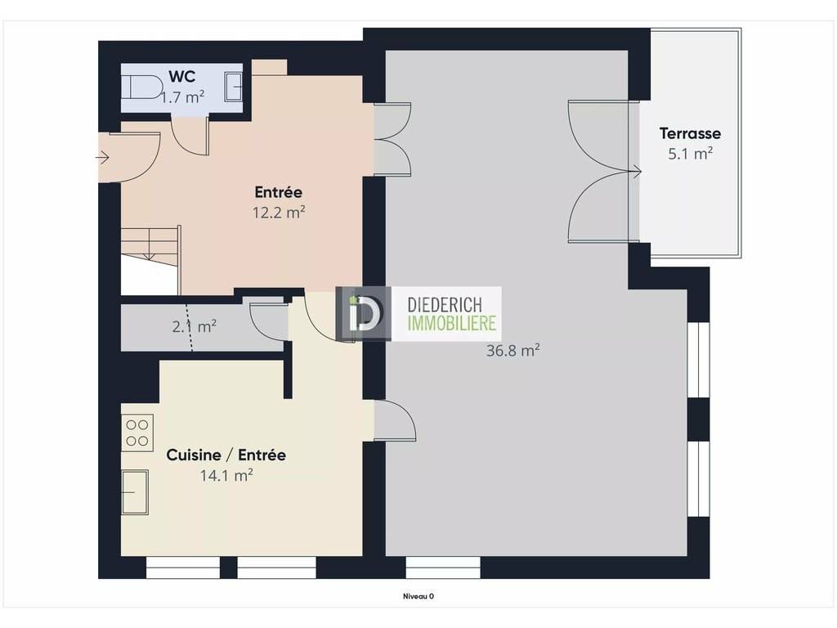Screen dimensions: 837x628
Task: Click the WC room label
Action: pyautogui.click(x=182, y=76)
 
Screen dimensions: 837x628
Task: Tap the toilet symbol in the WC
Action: pyautogui.click(x=145, y=87)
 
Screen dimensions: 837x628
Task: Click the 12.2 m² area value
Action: pyautogui.click(x=279, y=213)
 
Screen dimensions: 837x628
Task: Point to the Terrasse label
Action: pyautogui.click(x=690, y=133)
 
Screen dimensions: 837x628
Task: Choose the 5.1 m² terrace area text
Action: pyautogui.click(x=690, y=154)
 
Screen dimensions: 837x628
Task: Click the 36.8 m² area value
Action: pyautogui.click(x=513, y=351)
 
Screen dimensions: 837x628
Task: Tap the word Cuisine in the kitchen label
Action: pyautogui.click(x=193, y=455)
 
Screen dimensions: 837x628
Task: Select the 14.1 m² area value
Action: pyautogui.click(x=226, y=475)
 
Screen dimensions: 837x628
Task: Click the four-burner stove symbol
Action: pyautogui.click(x=137, y=433)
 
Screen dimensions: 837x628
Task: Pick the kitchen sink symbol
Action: pyautogui.click(x=135, y=492)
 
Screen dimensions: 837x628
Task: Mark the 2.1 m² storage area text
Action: pyautogui.click(x=195, y=326)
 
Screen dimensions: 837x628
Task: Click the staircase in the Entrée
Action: pyautogui.click(x=150, y=260)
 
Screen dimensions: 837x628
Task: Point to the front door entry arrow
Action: pyautogui.click(x=102, y=158)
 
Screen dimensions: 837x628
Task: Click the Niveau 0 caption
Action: pyautogui.click(x=418, y=596)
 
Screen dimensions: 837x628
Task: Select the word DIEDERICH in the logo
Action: pyautogui.click(x=444, y=305)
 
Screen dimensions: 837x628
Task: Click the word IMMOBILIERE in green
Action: pyautogui.click(x=451, y=323)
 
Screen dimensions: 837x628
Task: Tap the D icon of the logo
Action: pyautogui.click(x=363, y=314)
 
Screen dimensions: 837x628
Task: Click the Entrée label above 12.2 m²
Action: pyautogui.click(x=278, y=191)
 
